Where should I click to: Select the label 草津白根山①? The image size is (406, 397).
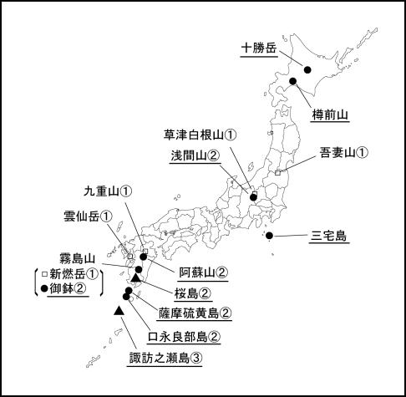pyautogui.click(x=201, y=135)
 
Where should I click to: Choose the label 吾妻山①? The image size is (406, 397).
pyautogui.click(x=343, y=153)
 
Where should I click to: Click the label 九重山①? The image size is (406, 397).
pyautogui.click(x=109, y=191)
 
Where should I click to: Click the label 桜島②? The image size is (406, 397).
pyautogui.click(x=193, y=293)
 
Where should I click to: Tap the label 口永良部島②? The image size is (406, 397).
pyautogui.click(x=184, y=337)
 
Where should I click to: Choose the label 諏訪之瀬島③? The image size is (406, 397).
pyautogui.click(x=165, y=359)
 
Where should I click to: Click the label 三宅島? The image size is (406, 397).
pyautogui.click(x=328, y=235)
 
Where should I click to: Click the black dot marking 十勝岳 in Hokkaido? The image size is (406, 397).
pyautogui.click(x=307, y=70)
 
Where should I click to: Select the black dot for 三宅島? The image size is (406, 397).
pyautogui.click(x=268, y=235)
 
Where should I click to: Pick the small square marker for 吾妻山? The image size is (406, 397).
pyautogui.click(x=277, y=171)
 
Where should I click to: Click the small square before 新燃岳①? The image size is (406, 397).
pyautogui.click(x=43, y=273)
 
